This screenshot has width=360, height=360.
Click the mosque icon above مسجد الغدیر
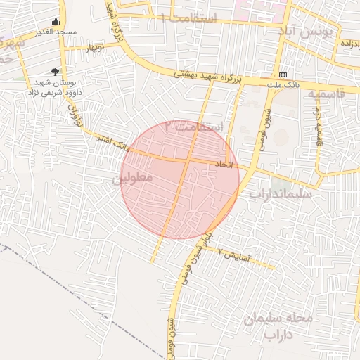coord(56,21)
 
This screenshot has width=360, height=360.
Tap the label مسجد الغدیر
coord(56,32)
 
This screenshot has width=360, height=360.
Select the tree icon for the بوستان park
coord(56,71)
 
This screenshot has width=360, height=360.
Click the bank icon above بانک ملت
coord(283,75)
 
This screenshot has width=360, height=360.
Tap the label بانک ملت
coord(283,85)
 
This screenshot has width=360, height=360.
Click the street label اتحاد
coord(221,165)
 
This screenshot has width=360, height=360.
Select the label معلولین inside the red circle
coord(132,179)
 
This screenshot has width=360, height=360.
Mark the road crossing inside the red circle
coord(188,161)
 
